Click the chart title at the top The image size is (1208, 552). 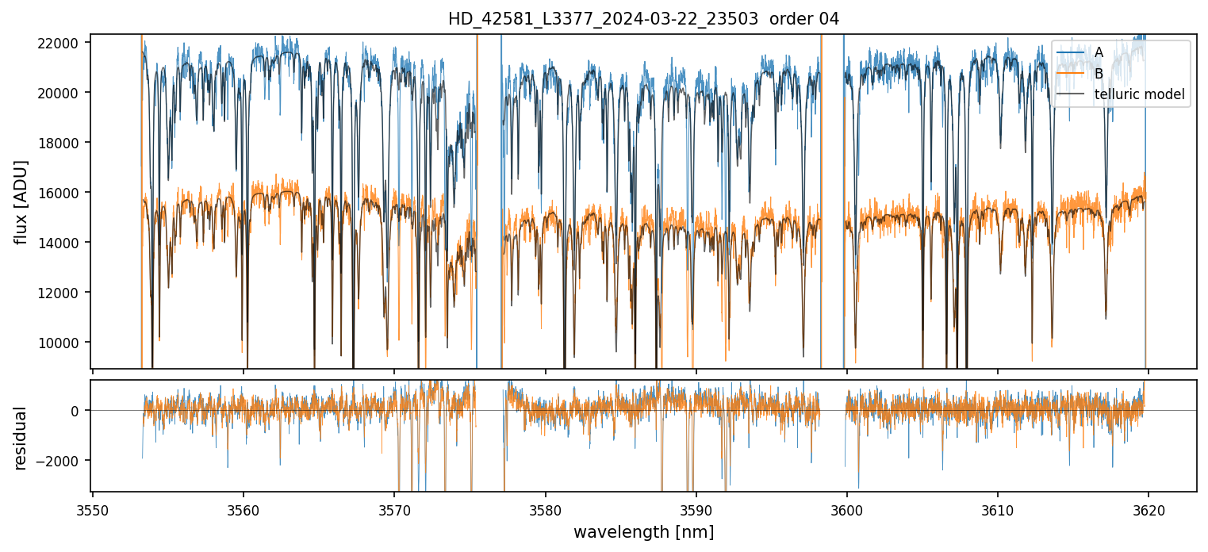coord(643,19)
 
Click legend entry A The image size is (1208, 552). coord(1099,52)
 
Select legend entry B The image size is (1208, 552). coord(1099,74)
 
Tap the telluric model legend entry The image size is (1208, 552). coord(1139,95)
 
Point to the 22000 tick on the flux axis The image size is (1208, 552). coord(59,43)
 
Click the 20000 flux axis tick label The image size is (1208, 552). coord(59,93)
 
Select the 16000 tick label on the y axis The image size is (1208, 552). coord(59,193)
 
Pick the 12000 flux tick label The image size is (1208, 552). coord(59,293)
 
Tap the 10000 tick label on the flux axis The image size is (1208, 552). coord(59,343)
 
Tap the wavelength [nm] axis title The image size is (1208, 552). coord(643,532)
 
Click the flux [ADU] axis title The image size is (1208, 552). coord(21,201)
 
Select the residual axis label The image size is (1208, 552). coord(21,437)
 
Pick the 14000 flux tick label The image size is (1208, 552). coord(59,243)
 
